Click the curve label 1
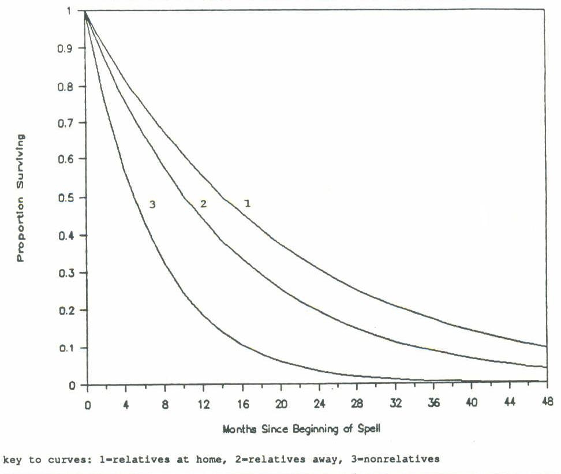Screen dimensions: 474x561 pyautogui.click(x=246, y=203)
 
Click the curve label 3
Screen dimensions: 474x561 pyautogui.click(x=152, y=204)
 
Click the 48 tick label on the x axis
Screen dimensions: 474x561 pyautogui.click(x=545, y=401)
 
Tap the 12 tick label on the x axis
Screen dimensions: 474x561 pyautogui.click(x=203, y=401)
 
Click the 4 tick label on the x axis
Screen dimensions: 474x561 pyautogui.click(x=126, y=401)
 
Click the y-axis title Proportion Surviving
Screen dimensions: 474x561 pyautogui.click(x=21, y=198)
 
